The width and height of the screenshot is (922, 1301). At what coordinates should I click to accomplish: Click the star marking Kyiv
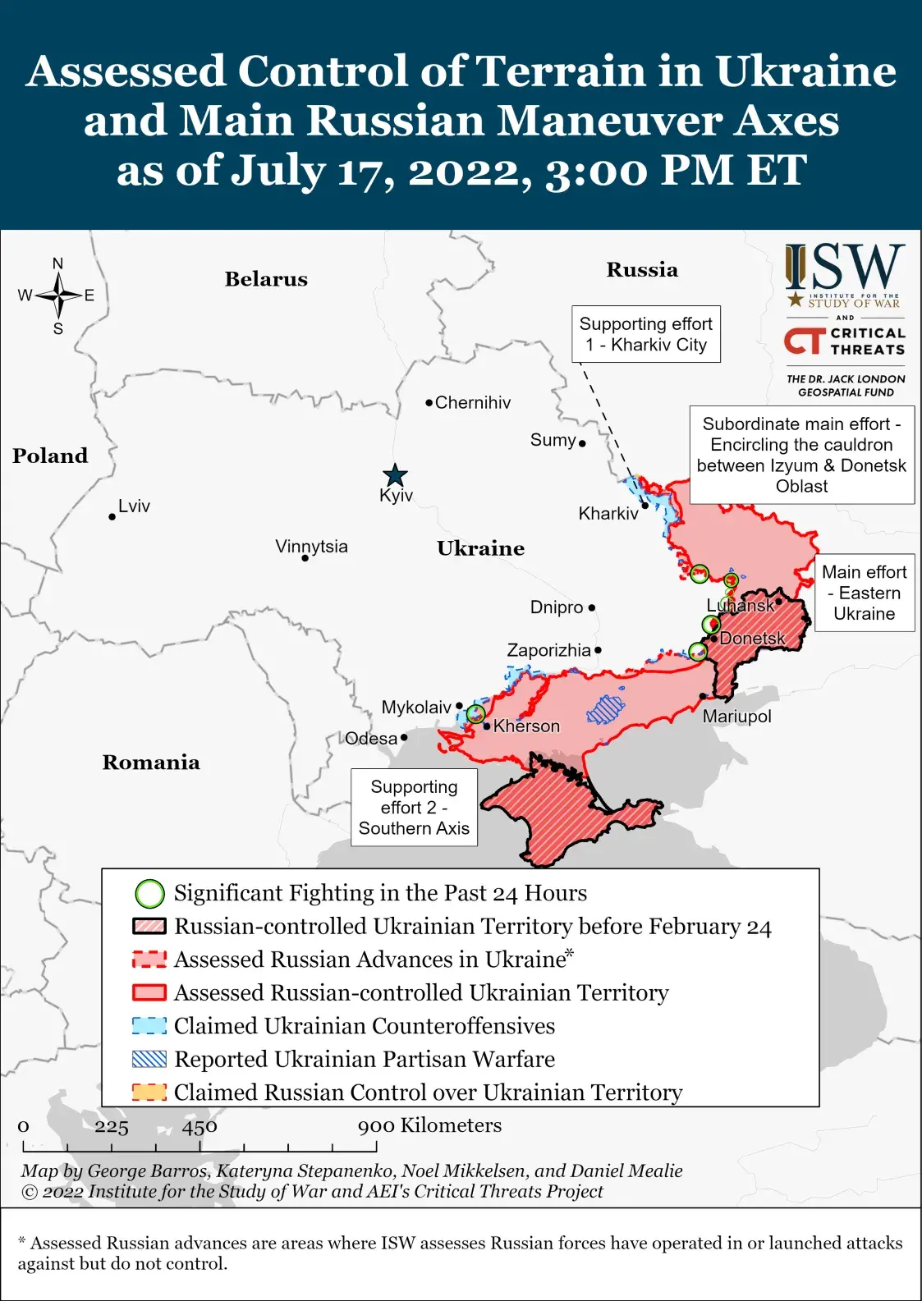tap(395, 475)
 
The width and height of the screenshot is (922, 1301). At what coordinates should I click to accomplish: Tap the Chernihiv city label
tap(472, 402)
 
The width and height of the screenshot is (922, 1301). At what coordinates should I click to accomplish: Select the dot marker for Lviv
tap(112, 516)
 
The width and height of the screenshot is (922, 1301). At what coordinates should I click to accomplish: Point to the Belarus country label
tap(266, 279)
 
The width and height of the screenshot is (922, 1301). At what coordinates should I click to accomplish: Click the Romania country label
tap(151, 763)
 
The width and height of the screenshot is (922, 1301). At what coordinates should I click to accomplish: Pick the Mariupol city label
tap(736, 717)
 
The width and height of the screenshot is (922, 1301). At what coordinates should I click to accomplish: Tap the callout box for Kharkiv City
tap(645, 334)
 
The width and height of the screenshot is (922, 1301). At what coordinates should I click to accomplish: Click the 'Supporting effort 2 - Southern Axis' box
tap(414, 808)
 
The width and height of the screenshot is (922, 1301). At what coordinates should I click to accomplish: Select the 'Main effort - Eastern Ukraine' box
tap(864, 593)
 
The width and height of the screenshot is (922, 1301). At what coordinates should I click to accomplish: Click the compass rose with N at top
tap(58, 295)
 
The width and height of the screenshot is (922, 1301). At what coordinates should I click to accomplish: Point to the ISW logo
tap(845, 276)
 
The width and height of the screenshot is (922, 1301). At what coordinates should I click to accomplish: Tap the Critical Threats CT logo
tap(845, 341)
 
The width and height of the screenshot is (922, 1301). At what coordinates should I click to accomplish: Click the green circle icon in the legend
tap(149, 893)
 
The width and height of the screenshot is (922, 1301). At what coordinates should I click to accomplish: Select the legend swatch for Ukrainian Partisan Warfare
tap(149, 1060)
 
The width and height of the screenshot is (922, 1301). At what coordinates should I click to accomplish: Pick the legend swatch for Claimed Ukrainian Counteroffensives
tap(149, 1026)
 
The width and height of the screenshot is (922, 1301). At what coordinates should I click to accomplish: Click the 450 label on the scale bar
tap(200, 1127)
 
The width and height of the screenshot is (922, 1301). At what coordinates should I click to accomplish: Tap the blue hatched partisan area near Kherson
tap(606, 709)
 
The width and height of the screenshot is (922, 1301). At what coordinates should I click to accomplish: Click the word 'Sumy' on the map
tap(553, 440)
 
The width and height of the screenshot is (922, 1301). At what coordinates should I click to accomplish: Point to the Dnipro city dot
tap(592, 608)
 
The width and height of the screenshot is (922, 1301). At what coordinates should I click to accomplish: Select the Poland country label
tap(50, 456)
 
